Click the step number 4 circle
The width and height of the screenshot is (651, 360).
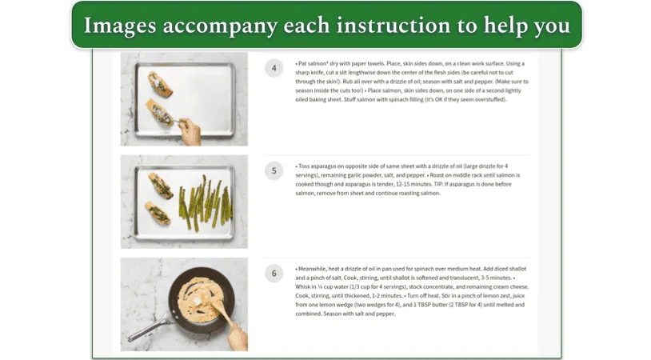[274, 68]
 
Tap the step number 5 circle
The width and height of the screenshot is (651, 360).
[274, 170]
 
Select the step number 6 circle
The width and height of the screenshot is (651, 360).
[274, 273]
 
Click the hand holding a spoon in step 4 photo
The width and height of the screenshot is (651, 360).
[189, 133]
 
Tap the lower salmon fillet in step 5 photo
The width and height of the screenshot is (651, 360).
[157, 214]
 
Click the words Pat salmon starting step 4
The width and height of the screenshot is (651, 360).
[311, 62]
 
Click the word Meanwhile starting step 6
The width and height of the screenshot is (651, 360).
[314, 268]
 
